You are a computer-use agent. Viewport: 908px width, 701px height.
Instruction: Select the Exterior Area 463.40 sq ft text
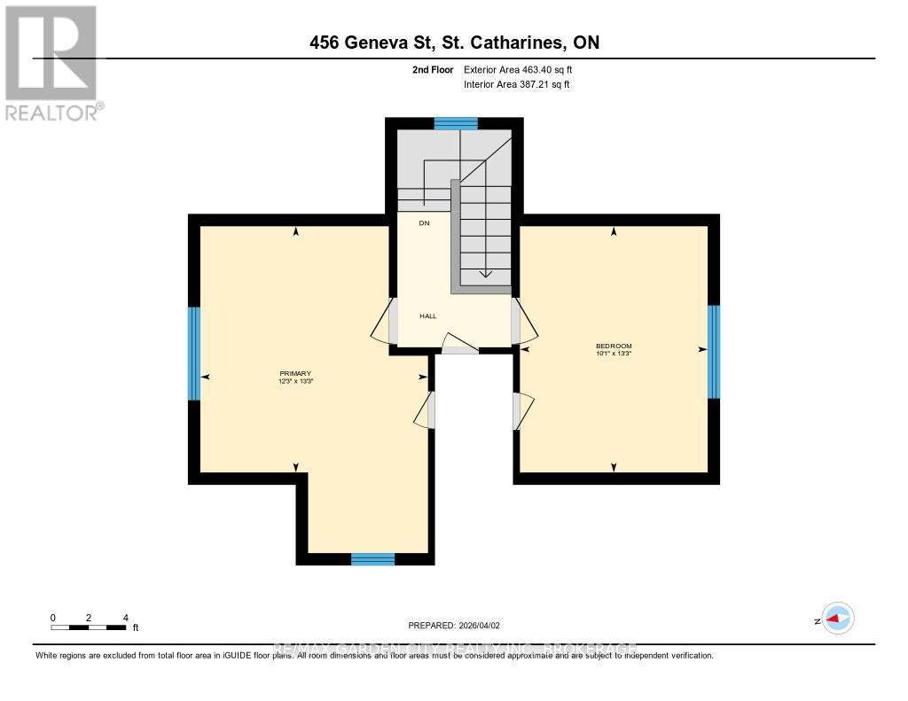[524, 69]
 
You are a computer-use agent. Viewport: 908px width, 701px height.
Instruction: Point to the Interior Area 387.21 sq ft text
[517, 84]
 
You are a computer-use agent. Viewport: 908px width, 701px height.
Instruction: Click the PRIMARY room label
[295, 373]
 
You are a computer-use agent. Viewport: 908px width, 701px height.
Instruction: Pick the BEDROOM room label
[613, 346]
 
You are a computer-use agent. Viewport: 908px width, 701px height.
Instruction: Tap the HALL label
[428, 315]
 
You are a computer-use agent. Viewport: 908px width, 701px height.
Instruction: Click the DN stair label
[424, 223]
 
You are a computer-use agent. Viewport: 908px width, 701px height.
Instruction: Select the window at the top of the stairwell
[456, 124]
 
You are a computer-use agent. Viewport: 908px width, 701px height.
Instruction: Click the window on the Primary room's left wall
[194, 353]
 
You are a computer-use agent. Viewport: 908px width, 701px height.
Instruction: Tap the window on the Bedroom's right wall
[714, 351]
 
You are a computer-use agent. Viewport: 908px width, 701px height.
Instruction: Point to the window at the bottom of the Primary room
[372, 558]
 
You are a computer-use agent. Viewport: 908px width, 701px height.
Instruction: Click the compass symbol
[837, 619]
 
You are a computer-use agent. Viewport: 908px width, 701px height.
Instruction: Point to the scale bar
[89, 627]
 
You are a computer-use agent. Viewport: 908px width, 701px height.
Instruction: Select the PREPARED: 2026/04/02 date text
[460, 625]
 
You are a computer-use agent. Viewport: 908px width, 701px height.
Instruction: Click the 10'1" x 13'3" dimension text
[613, 354]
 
